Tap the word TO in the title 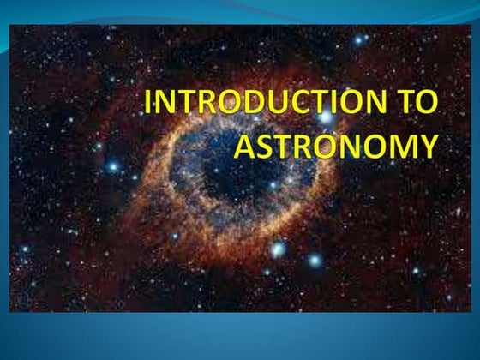tap(419, 104)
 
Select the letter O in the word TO tap(428, 104)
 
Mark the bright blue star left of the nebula tap(112, 166)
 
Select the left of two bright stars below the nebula tap(277, 249)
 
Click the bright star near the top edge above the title tap(358, 39)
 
